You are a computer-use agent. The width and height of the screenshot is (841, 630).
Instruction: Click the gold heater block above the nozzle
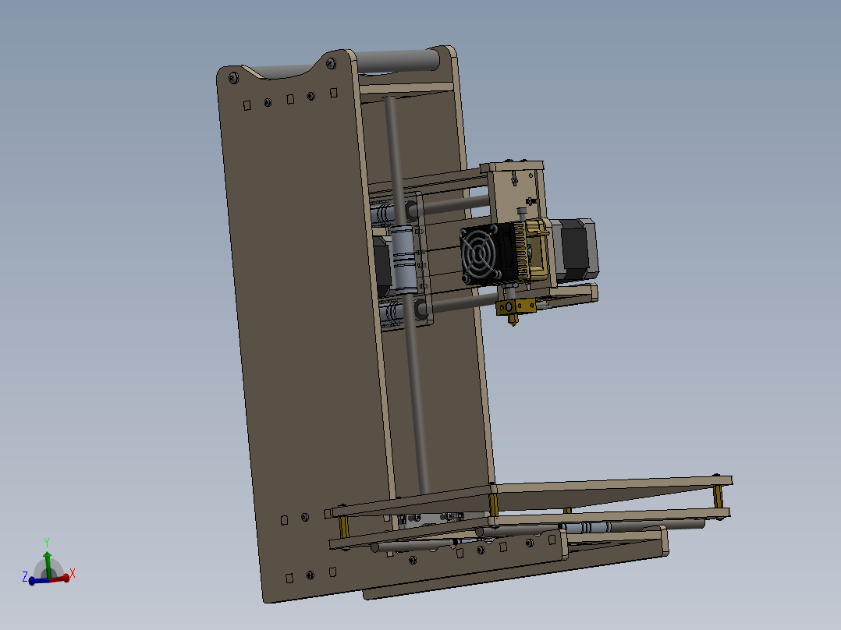pyautogui.click(x=516, y=306)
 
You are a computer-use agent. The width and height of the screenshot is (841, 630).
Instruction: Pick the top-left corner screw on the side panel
pyautogui.click(x=232, y=77)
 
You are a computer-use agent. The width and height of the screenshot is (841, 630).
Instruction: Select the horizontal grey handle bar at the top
pyautogui.click(x=398, y=60)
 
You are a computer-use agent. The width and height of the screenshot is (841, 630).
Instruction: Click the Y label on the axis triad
pyautogui.click(x=47, y=542)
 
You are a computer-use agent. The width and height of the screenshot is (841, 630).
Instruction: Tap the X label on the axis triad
pyautogui.click(x=73, y=573)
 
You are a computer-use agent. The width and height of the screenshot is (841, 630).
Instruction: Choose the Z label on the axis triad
pyautogui.click(x=25, y=577)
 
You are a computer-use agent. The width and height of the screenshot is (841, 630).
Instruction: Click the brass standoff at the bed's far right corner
pyautogui.click(x=718, y=496)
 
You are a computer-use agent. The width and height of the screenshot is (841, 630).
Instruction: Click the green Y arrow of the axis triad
pyautogui.click(x=48, y=560)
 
